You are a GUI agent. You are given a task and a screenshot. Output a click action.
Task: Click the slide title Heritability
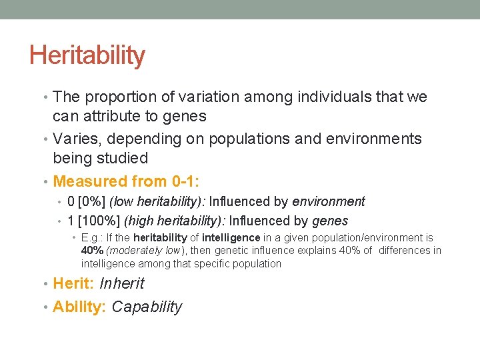click(87, 55)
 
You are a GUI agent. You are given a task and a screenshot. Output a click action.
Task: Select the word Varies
click(74, 139)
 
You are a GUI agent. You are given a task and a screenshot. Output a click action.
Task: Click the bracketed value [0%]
click(93, 201)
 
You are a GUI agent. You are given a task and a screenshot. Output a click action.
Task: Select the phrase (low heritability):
click(157, 201)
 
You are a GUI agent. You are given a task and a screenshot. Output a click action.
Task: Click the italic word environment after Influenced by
click(329, 201)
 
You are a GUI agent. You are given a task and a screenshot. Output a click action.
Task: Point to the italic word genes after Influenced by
click(330, 221)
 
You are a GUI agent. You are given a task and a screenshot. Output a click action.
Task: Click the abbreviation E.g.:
click(92, 238)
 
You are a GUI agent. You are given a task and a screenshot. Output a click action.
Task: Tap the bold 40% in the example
click(92, 251)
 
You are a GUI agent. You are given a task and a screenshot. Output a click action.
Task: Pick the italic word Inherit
click(121, 283)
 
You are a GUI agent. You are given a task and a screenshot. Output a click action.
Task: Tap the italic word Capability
click(147, 307)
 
